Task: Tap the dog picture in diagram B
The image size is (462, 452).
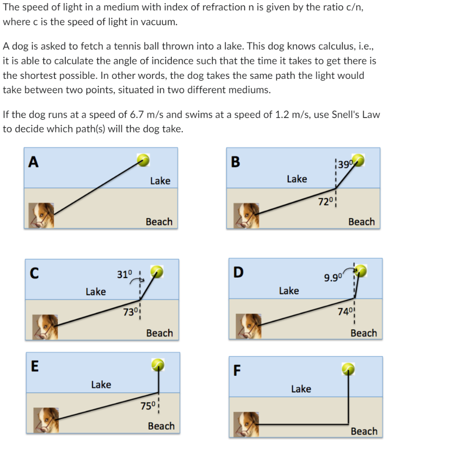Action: [x=246, y=215]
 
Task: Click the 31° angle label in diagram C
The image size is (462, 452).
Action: [x=125, y=274]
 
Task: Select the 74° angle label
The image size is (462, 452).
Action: [x=345, y=311]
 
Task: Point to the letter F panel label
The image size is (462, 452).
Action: [x=236, y=371]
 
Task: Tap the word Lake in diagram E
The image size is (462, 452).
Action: [x=101, y=384]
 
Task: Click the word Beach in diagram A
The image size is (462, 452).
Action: [x=159, y=222]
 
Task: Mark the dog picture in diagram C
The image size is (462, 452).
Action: [x=45, y=326]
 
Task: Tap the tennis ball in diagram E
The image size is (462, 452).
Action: [x=158, y=365]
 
